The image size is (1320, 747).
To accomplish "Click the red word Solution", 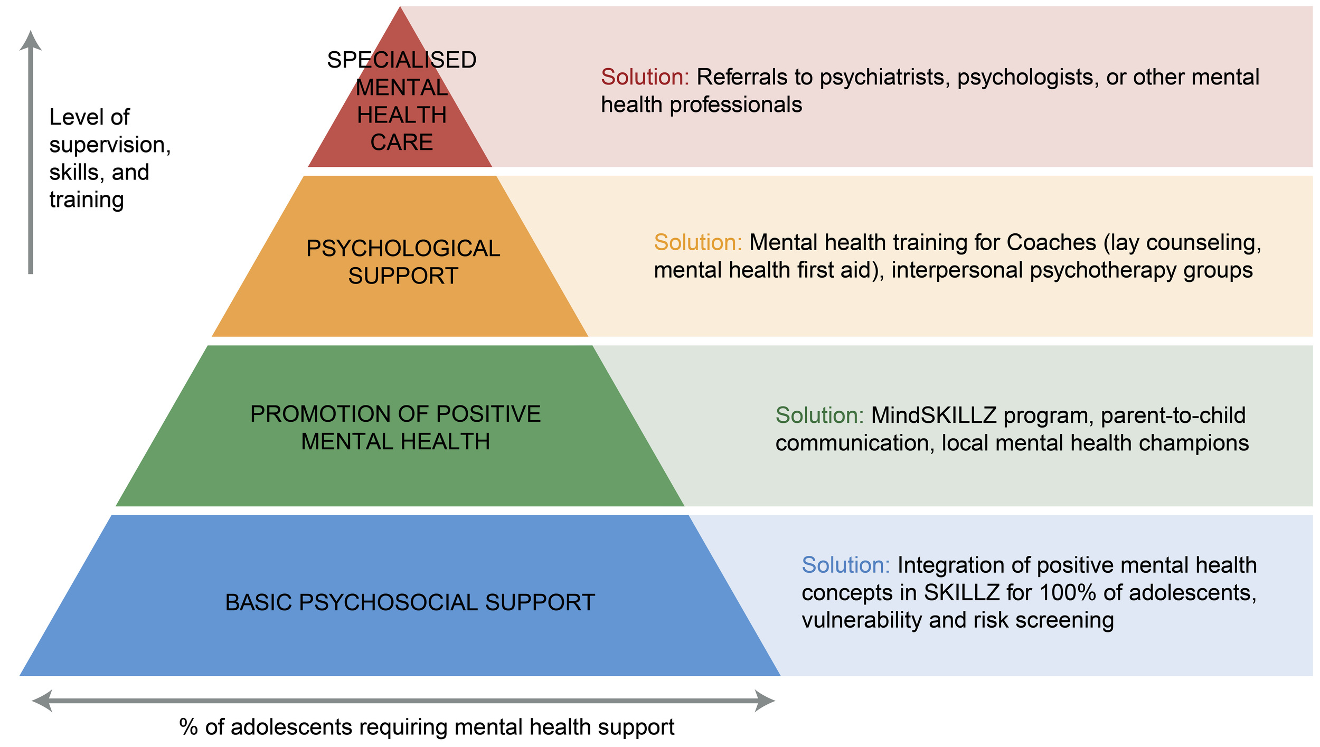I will click(645, 77).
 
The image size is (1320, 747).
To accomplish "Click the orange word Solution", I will click(697, 242).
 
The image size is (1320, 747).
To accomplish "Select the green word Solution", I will click(819, 415).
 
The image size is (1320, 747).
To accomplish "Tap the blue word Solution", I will click(845, 565).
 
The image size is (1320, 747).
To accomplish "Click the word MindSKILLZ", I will click(933, 415).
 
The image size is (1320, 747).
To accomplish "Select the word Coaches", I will click(1051, 242).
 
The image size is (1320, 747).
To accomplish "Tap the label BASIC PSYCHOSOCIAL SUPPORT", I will click(410, 603).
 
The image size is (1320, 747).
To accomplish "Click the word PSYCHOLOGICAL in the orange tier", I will click(403, 249).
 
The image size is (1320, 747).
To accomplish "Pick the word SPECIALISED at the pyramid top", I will click(401, 60).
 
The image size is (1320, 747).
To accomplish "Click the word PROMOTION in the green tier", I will click(316, 414).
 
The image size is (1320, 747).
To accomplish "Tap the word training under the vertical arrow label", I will click(87, 200).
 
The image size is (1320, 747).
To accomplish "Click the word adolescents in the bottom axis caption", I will click(291, 727).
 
